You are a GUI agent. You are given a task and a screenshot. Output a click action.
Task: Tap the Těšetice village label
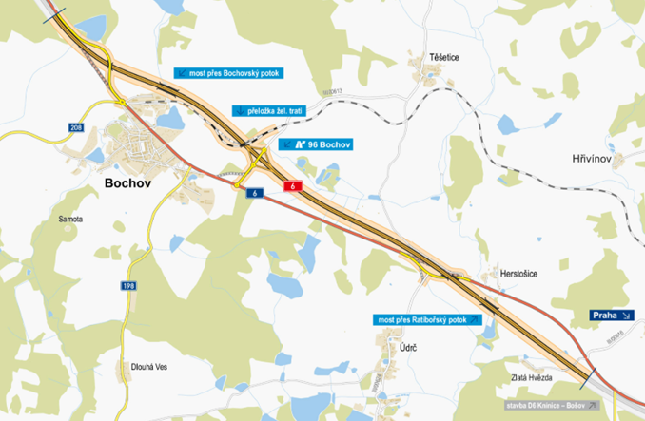tap(442, 58)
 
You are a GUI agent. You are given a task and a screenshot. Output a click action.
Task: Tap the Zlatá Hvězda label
tap(532, 377)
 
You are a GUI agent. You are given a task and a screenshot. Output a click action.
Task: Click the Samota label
tap(70, 219)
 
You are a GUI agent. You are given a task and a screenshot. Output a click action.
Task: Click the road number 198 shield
tap(128, 285)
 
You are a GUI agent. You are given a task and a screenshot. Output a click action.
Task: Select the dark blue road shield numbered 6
tap(254, 193)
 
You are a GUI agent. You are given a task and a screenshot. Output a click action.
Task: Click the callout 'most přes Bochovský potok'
tap(227, 72)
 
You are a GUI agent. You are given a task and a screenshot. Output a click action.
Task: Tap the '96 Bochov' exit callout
tap(318, 144)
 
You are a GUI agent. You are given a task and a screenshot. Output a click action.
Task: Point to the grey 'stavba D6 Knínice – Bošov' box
tap(552, 405)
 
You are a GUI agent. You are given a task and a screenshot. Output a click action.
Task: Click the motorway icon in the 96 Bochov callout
tap(301, 144)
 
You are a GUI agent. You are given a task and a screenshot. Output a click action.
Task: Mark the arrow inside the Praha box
tap(627, 315)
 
